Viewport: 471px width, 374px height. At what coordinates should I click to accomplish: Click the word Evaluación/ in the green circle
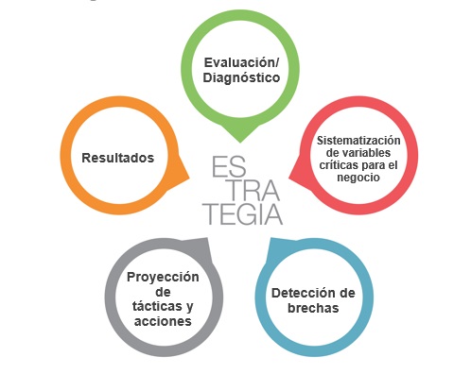coord(242,62)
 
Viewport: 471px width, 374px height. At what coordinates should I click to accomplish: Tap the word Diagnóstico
coord(242,78)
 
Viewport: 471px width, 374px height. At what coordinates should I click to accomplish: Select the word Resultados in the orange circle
coord(118,158)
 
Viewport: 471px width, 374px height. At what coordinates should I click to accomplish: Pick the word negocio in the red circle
coord(358,178)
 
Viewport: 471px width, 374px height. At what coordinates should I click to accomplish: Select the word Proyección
coord(163,277)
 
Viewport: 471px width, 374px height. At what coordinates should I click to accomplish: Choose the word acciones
coord(163,321)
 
